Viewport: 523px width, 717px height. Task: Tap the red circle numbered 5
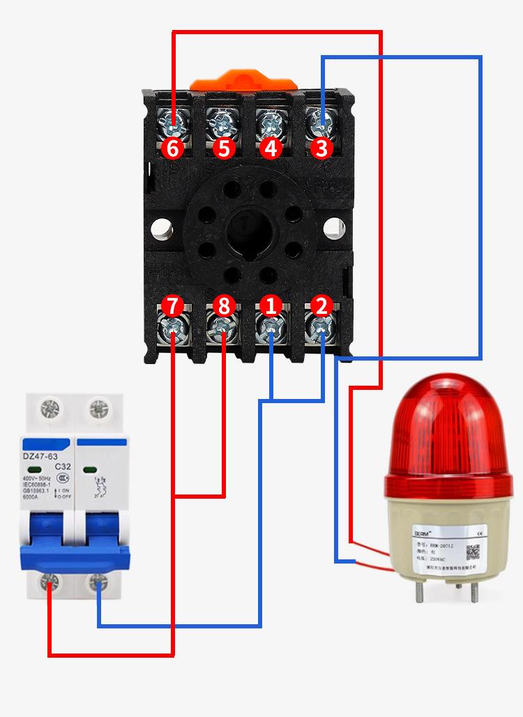(222, 149)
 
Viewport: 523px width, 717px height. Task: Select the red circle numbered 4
(271, 149)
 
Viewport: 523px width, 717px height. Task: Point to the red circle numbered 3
(321, 149)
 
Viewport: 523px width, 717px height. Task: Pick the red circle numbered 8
(222, 305)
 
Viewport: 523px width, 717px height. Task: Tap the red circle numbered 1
(271, 305)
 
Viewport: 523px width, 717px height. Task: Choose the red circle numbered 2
(321, 305)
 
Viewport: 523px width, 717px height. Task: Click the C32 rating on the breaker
(62, 467)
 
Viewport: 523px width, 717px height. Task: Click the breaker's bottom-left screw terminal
(50, 581)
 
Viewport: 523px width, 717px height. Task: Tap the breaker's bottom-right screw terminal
(99, 581)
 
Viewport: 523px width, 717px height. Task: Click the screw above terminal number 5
(222, 125)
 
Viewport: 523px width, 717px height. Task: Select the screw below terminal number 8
(222, 327)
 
